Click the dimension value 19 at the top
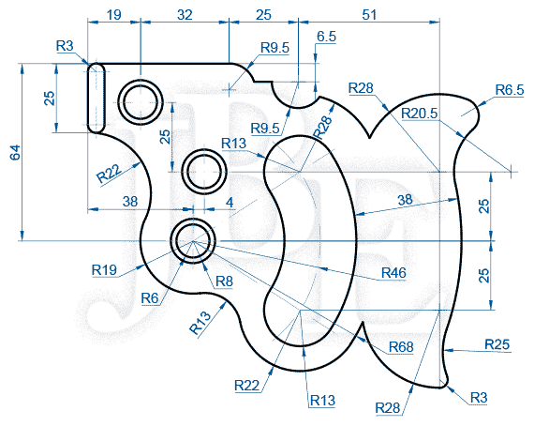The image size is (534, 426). [x=113, y=15]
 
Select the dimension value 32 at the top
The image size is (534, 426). [x=185, y=15]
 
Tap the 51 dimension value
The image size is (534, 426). [x=369, y=15]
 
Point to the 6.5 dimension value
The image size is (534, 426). [x=326, y=37]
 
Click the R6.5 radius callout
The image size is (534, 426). [x=510, y=90]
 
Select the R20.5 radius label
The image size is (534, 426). [x=419, y=114]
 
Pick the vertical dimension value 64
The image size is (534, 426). [x=15, y=152]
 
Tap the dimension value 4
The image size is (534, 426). [x=230, y=203]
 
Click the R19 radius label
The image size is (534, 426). [x=104, y=270]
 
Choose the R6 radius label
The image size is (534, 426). [x=150, y=298]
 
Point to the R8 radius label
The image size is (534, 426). [x=225, y=281]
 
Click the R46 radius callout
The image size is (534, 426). [x=393, y=273]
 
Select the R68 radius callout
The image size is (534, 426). [x=401, y=347]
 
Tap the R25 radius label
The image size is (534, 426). [x=497, y=344]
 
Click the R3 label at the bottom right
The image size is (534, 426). [x=479, y=398]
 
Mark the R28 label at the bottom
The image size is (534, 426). [x=388, y=407]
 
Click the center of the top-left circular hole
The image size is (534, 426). [x=141, y=101]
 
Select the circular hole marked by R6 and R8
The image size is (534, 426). [x=193, y=241]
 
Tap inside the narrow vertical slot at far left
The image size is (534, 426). [x=96, y=98]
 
